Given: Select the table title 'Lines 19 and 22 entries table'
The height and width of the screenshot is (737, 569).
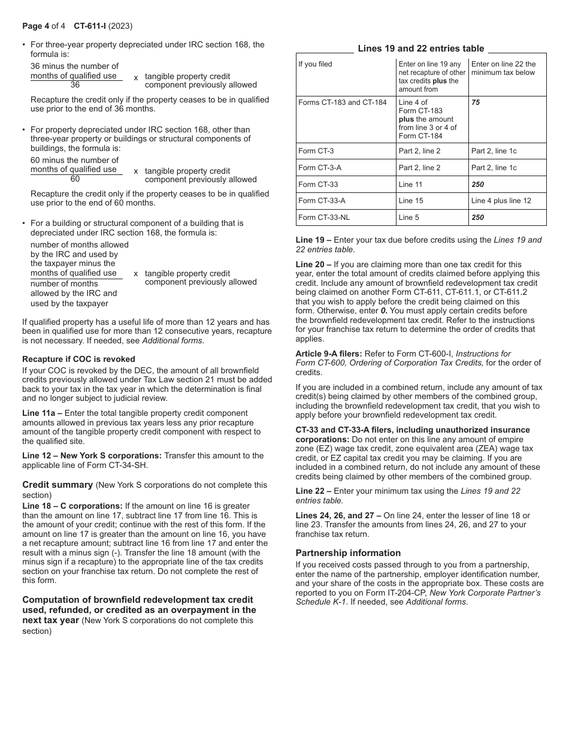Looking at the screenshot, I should pyautogui.click(x=421, y=49).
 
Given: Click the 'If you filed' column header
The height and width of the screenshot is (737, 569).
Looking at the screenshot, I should pyautogui.click(x=315, y=64).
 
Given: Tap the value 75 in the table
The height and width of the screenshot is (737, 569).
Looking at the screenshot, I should pyautogui.click(x=476, y=102).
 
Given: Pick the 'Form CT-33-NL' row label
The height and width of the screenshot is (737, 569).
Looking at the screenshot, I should pyautogui.click(x=324, y=218).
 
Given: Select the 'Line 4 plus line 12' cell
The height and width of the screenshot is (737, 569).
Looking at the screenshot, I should pyautogui.click(x=501, y=201).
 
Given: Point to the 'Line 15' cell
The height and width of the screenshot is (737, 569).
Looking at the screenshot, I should pyautogui.click(x=411, y=201).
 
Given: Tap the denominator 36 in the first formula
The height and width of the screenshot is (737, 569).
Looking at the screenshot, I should pyautogui.click(x=75, y=85).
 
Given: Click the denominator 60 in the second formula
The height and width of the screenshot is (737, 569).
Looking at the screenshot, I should pyautogui.click(x=75, y=179).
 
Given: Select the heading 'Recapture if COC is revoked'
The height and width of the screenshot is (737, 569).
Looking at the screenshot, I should pyautogui.click(x=78, y=359).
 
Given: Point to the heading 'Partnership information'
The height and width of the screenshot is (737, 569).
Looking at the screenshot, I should pyautogui.click(x=348, y=553).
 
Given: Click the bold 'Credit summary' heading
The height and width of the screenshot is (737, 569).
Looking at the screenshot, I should pyautogui.click(x=57, y=485).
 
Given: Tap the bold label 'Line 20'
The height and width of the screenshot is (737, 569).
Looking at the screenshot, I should pyautogui.click(x=310, y=264).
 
